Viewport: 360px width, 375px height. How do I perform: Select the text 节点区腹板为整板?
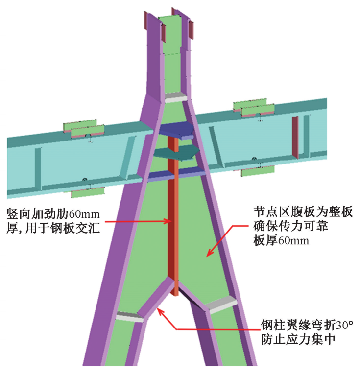click(302, 212)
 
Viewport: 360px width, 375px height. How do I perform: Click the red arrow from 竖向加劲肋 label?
click(133, 221)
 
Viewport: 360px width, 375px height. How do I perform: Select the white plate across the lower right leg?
click(220, 304)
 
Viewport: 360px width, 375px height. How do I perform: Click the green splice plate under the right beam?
click(258, 171)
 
